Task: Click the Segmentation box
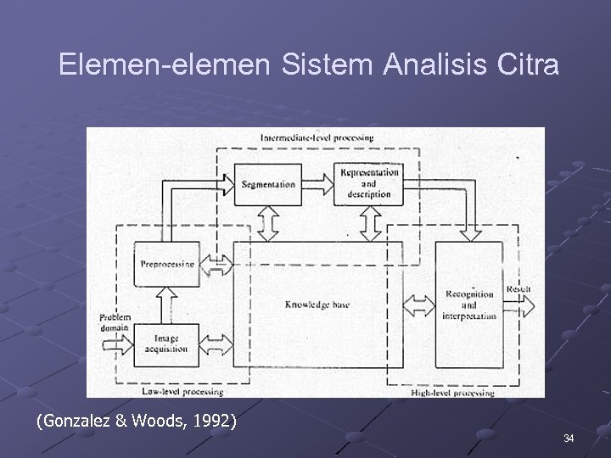pos(267,184)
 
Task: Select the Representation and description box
pos(367,183)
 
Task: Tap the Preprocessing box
pos(166,264)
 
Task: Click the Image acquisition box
pos(166,344)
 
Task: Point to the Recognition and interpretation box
pos(468,304)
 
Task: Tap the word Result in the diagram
pos(519,289)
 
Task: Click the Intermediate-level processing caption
pos(317,137)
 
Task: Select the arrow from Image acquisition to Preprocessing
pos(166,305)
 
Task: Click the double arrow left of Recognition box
pos(418,304)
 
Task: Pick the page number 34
pos(568,438)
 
